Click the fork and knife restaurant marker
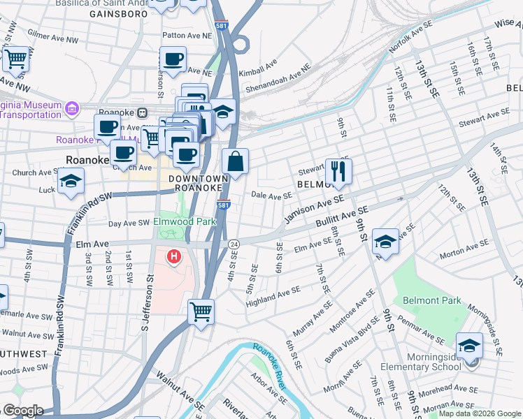(338, 171)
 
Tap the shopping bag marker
(236, 161)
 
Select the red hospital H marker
(173, 258)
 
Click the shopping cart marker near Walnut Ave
(201, 310)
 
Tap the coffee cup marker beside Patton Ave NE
(173, 59)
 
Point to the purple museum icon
(71, 108)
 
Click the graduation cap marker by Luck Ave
(70, 180)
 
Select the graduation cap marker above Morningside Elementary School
(469, 345)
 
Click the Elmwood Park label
(185, 221)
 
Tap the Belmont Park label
(432, 300)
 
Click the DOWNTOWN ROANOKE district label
(199, 184)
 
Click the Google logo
(23, 411)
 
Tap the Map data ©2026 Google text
(480, 413)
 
